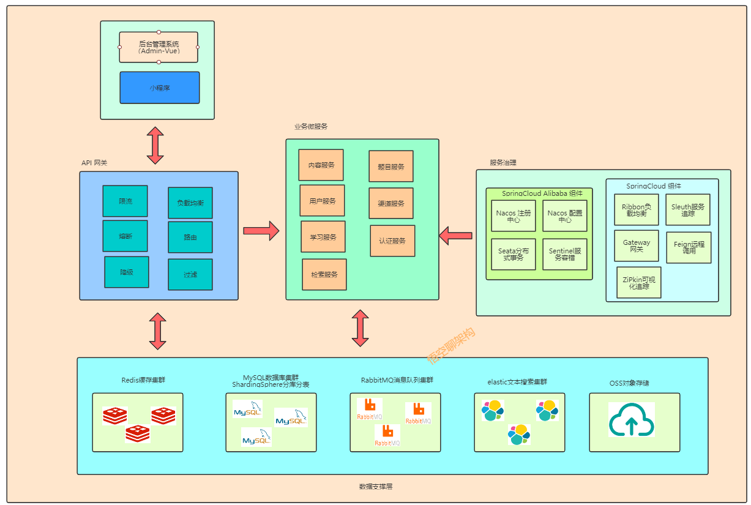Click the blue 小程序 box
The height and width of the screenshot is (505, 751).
pos(159,88)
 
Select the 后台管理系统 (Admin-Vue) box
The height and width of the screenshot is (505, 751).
pos(159,47)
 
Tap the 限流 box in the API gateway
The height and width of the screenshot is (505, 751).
pos(125,201)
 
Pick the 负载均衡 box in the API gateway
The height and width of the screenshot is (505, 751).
pos(190,203)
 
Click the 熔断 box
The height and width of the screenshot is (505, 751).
pos(125,236)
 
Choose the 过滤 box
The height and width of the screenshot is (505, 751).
pos(190,274)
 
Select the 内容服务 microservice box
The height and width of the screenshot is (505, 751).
pos(321,165)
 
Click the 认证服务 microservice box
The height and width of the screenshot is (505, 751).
pos(392,241)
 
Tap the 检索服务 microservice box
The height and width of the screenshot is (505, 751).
pos(324,274)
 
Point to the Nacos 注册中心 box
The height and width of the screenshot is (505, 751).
pos(513,215)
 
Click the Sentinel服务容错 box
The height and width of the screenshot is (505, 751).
pos(564,254)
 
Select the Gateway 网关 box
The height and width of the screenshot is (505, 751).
pos(637,245)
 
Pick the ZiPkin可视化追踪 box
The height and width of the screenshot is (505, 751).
pos(639,282)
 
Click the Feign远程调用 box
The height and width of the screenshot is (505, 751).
pos(689,247)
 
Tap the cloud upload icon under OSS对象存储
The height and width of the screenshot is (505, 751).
pos(631,419)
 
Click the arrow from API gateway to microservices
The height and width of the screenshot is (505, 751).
pos(261,231)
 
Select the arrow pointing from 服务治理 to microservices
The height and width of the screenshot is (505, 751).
pos(456,235)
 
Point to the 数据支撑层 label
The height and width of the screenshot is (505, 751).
pos(375,486)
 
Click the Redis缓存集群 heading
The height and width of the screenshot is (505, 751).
pos(143,380)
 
